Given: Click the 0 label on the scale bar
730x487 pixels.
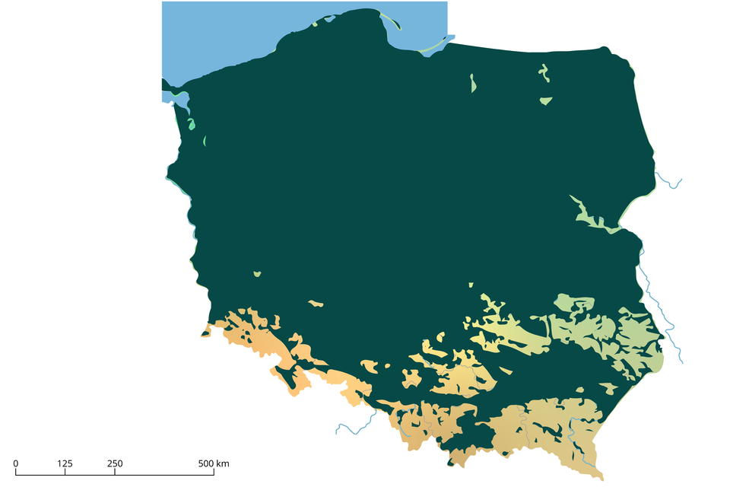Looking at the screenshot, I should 16,463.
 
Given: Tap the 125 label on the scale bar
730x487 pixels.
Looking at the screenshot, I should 65,463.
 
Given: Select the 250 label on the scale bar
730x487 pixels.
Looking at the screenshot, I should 115,463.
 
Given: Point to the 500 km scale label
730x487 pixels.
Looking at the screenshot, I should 214,463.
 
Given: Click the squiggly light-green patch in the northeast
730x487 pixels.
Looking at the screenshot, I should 544,72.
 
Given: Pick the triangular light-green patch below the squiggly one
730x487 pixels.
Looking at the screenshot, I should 546,100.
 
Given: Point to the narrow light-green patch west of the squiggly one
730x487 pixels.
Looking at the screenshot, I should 473,83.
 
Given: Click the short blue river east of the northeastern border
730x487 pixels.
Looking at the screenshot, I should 669,183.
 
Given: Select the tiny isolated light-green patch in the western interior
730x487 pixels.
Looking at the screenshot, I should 258,274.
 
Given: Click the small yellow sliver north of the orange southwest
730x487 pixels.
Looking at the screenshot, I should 316,304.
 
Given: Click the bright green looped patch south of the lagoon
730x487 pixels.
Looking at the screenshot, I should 191,124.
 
